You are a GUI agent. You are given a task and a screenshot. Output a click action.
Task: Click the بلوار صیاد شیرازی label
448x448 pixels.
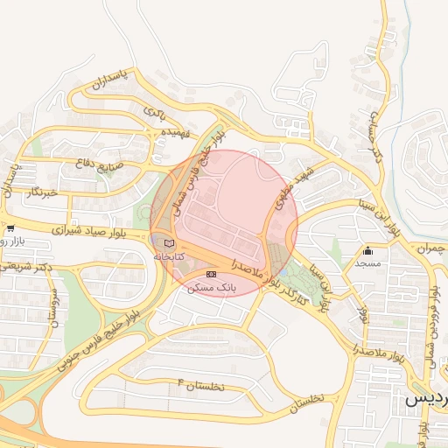[87, 231]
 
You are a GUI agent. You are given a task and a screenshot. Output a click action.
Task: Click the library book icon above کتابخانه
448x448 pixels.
[169, 242]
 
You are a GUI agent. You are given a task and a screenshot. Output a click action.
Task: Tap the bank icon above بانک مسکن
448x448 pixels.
[210, 275]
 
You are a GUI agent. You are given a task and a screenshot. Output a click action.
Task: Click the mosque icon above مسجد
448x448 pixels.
[367, 250]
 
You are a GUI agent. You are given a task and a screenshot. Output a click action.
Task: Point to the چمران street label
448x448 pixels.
[426, 248]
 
